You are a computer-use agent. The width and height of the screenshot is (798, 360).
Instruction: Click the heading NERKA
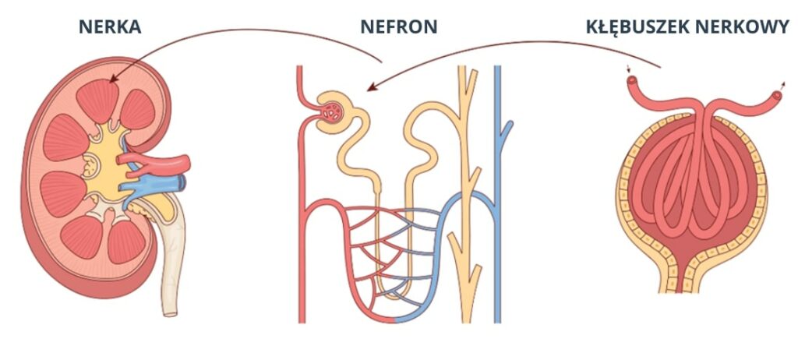pos(110,26)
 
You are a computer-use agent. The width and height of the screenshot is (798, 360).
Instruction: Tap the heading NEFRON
pos(398,26)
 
